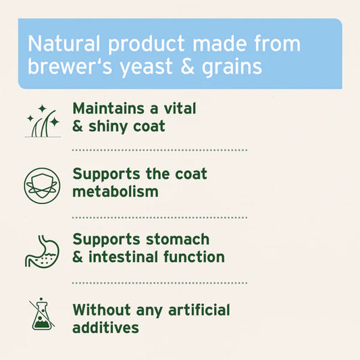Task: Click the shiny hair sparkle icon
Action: tap(42, 120)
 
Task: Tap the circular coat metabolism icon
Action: tap(42, 184)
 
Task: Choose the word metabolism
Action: tap(115, 192)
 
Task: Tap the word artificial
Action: tap(199, 310)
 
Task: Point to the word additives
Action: tap(106, 328)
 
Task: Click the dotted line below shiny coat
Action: tap(159, 151)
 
